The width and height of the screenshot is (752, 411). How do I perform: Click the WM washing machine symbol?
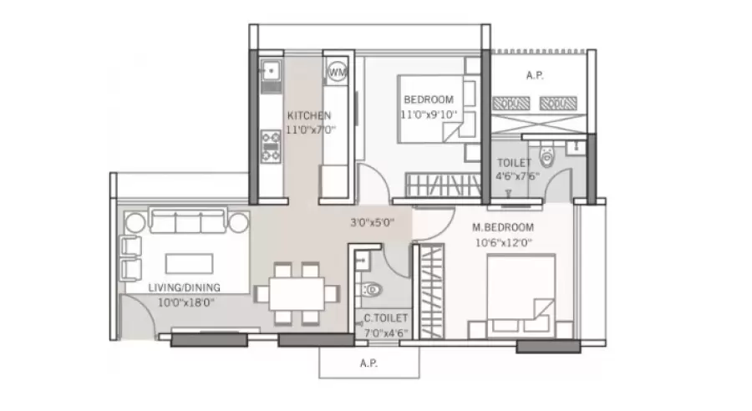click(x=337, y=72)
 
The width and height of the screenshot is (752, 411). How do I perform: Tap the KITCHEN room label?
click(x=308, y=115)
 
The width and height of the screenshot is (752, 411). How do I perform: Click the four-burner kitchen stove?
click(x=271, y=144)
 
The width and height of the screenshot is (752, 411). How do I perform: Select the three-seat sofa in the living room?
click(x=187, y=222)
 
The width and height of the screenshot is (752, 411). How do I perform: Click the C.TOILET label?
click(x=385, y=318)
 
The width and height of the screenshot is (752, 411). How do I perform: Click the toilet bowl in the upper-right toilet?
click(x=546, y=155)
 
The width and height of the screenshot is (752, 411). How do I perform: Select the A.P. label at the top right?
click(x=536, y=74)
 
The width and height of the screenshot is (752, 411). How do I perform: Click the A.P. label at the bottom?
click(x=368, y=363)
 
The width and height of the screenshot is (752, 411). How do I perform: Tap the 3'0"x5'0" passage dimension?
click(x=372, y=223)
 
